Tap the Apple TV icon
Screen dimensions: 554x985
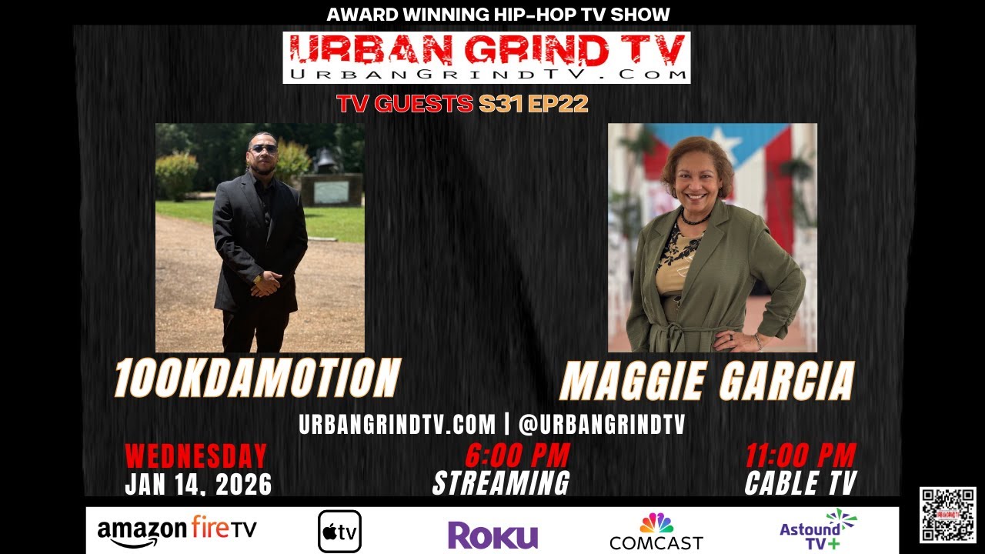[339, 532]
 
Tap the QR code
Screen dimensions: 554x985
[947, 515]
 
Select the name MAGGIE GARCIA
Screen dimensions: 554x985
[707, 380]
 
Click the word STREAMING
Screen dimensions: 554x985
[501, 483]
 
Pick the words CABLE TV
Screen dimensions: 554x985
[800, 483]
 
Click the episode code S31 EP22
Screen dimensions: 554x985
[533, 104]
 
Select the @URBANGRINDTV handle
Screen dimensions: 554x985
[602, 424]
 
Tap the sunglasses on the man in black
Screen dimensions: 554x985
[263, 149]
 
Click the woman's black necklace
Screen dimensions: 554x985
[693, 219]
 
